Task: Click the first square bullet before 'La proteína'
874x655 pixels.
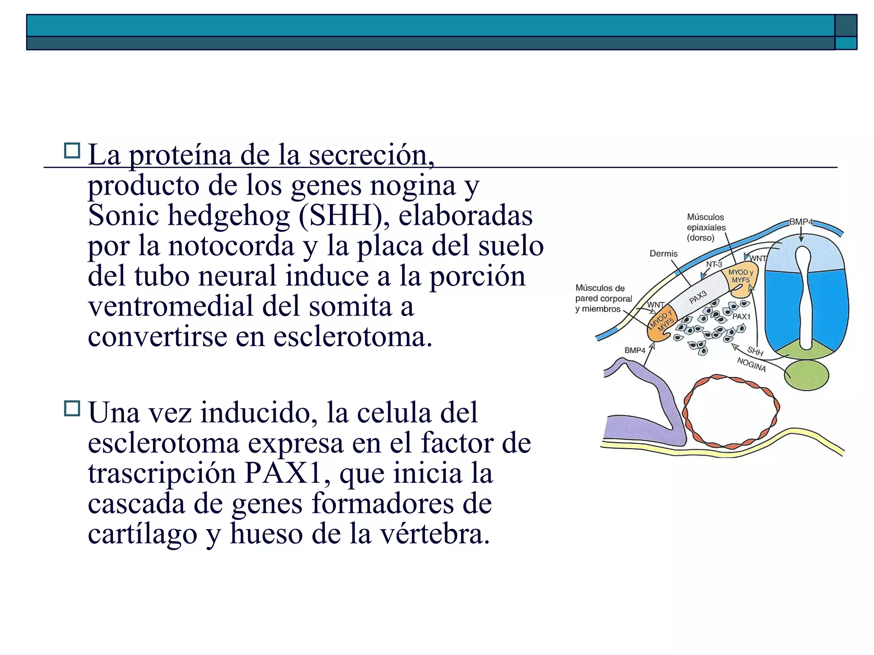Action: (72, 151)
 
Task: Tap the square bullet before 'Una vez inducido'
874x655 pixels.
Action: (72, 408)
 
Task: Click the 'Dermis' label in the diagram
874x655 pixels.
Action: (663, 254)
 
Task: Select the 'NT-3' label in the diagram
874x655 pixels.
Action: (714, 264)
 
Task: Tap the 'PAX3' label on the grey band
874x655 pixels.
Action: (698, 297)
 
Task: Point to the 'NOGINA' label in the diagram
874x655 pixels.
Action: (752, 365)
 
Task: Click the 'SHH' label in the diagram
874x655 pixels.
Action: (755, 351)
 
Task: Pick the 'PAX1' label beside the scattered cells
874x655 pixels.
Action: (741, 316)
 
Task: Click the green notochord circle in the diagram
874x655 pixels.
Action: (807, 375)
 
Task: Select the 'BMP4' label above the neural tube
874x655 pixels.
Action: (801, 222)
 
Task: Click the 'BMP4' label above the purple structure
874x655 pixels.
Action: (635, 350)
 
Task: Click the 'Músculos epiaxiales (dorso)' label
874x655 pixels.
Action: (706, 227)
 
